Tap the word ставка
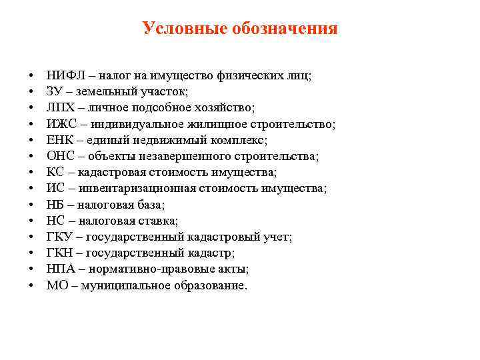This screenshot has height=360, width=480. (x=159, y=221)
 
